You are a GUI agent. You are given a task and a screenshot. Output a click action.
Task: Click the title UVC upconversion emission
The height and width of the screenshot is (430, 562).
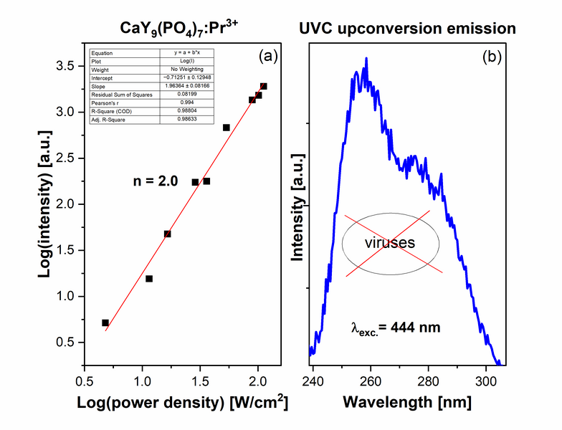click(406, 29)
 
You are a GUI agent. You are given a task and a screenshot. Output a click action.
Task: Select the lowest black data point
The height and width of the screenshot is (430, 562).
click(105, 323)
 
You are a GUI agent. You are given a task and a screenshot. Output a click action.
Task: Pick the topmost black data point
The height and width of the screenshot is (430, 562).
click(264, 86)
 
